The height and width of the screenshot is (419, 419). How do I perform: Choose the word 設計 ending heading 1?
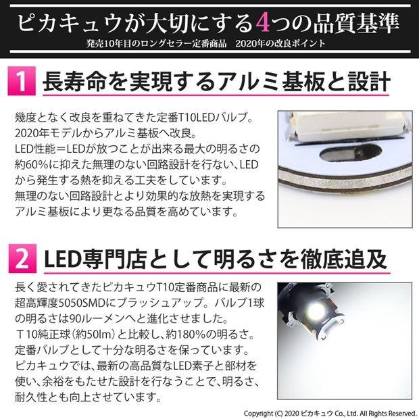point(372,82)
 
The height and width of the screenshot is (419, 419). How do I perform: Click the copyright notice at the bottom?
point(330,412)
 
